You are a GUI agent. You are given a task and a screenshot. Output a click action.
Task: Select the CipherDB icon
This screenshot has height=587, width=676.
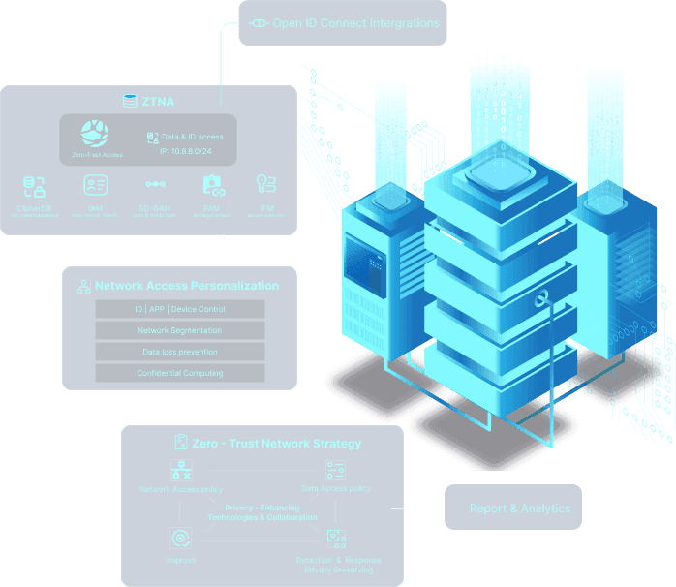coord(34,186)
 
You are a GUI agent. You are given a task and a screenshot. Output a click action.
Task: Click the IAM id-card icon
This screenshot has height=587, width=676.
coord(95,184)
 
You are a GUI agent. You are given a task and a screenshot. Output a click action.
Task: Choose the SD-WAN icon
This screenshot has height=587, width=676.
coord(155,184)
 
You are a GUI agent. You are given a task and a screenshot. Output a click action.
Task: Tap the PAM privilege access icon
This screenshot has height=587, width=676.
coord(213,184)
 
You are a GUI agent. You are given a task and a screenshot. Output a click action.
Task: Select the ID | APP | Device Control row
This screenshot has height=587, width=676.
coord(180,309)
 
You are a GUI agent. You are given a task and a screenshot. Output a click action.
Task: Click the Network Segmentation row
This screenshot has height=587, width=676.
coord(180,330)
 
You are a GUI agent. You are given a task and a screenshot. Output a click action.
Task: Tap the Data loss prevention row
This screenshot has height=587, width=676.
coord(180,352)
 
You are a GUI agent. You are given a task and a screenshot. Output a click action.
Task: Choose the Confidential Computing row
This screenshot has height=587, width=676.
coord(180,373)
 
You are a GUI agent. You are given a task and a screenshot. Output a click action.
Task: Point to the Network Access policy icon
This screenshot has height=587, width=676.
coord(181,471)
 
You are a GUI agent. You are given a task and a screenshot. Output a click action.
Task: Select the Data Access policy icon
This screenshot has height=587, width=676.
coord(335,471)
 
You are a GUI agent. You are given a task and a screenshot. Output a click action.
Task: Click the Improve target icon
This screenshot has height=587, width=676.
coord(179,539)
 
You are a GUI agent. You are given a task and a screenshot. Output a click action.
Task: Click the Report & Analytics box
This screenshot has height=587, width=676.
coord(519,508)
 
